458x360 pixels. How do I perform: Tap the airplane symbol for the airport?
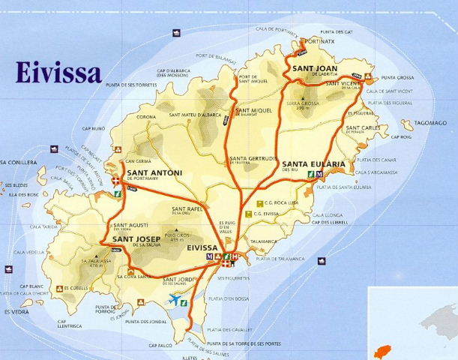point(176,299)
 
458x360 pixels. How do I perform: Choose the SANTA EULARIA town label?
point(313,163)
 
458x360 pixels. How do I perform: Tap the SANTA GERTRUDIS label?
point(254,158)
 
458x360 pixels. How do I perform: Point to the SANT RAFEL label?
point(187,208)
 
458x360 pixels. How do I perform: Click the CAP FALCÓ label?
point(160,345)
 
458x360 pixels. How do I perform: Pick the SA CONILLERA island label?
point(16,163)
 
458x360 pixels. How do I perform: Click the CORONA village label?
point(146,117)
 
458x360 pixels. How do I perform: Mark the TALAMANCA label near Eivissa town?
point(263,241)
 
